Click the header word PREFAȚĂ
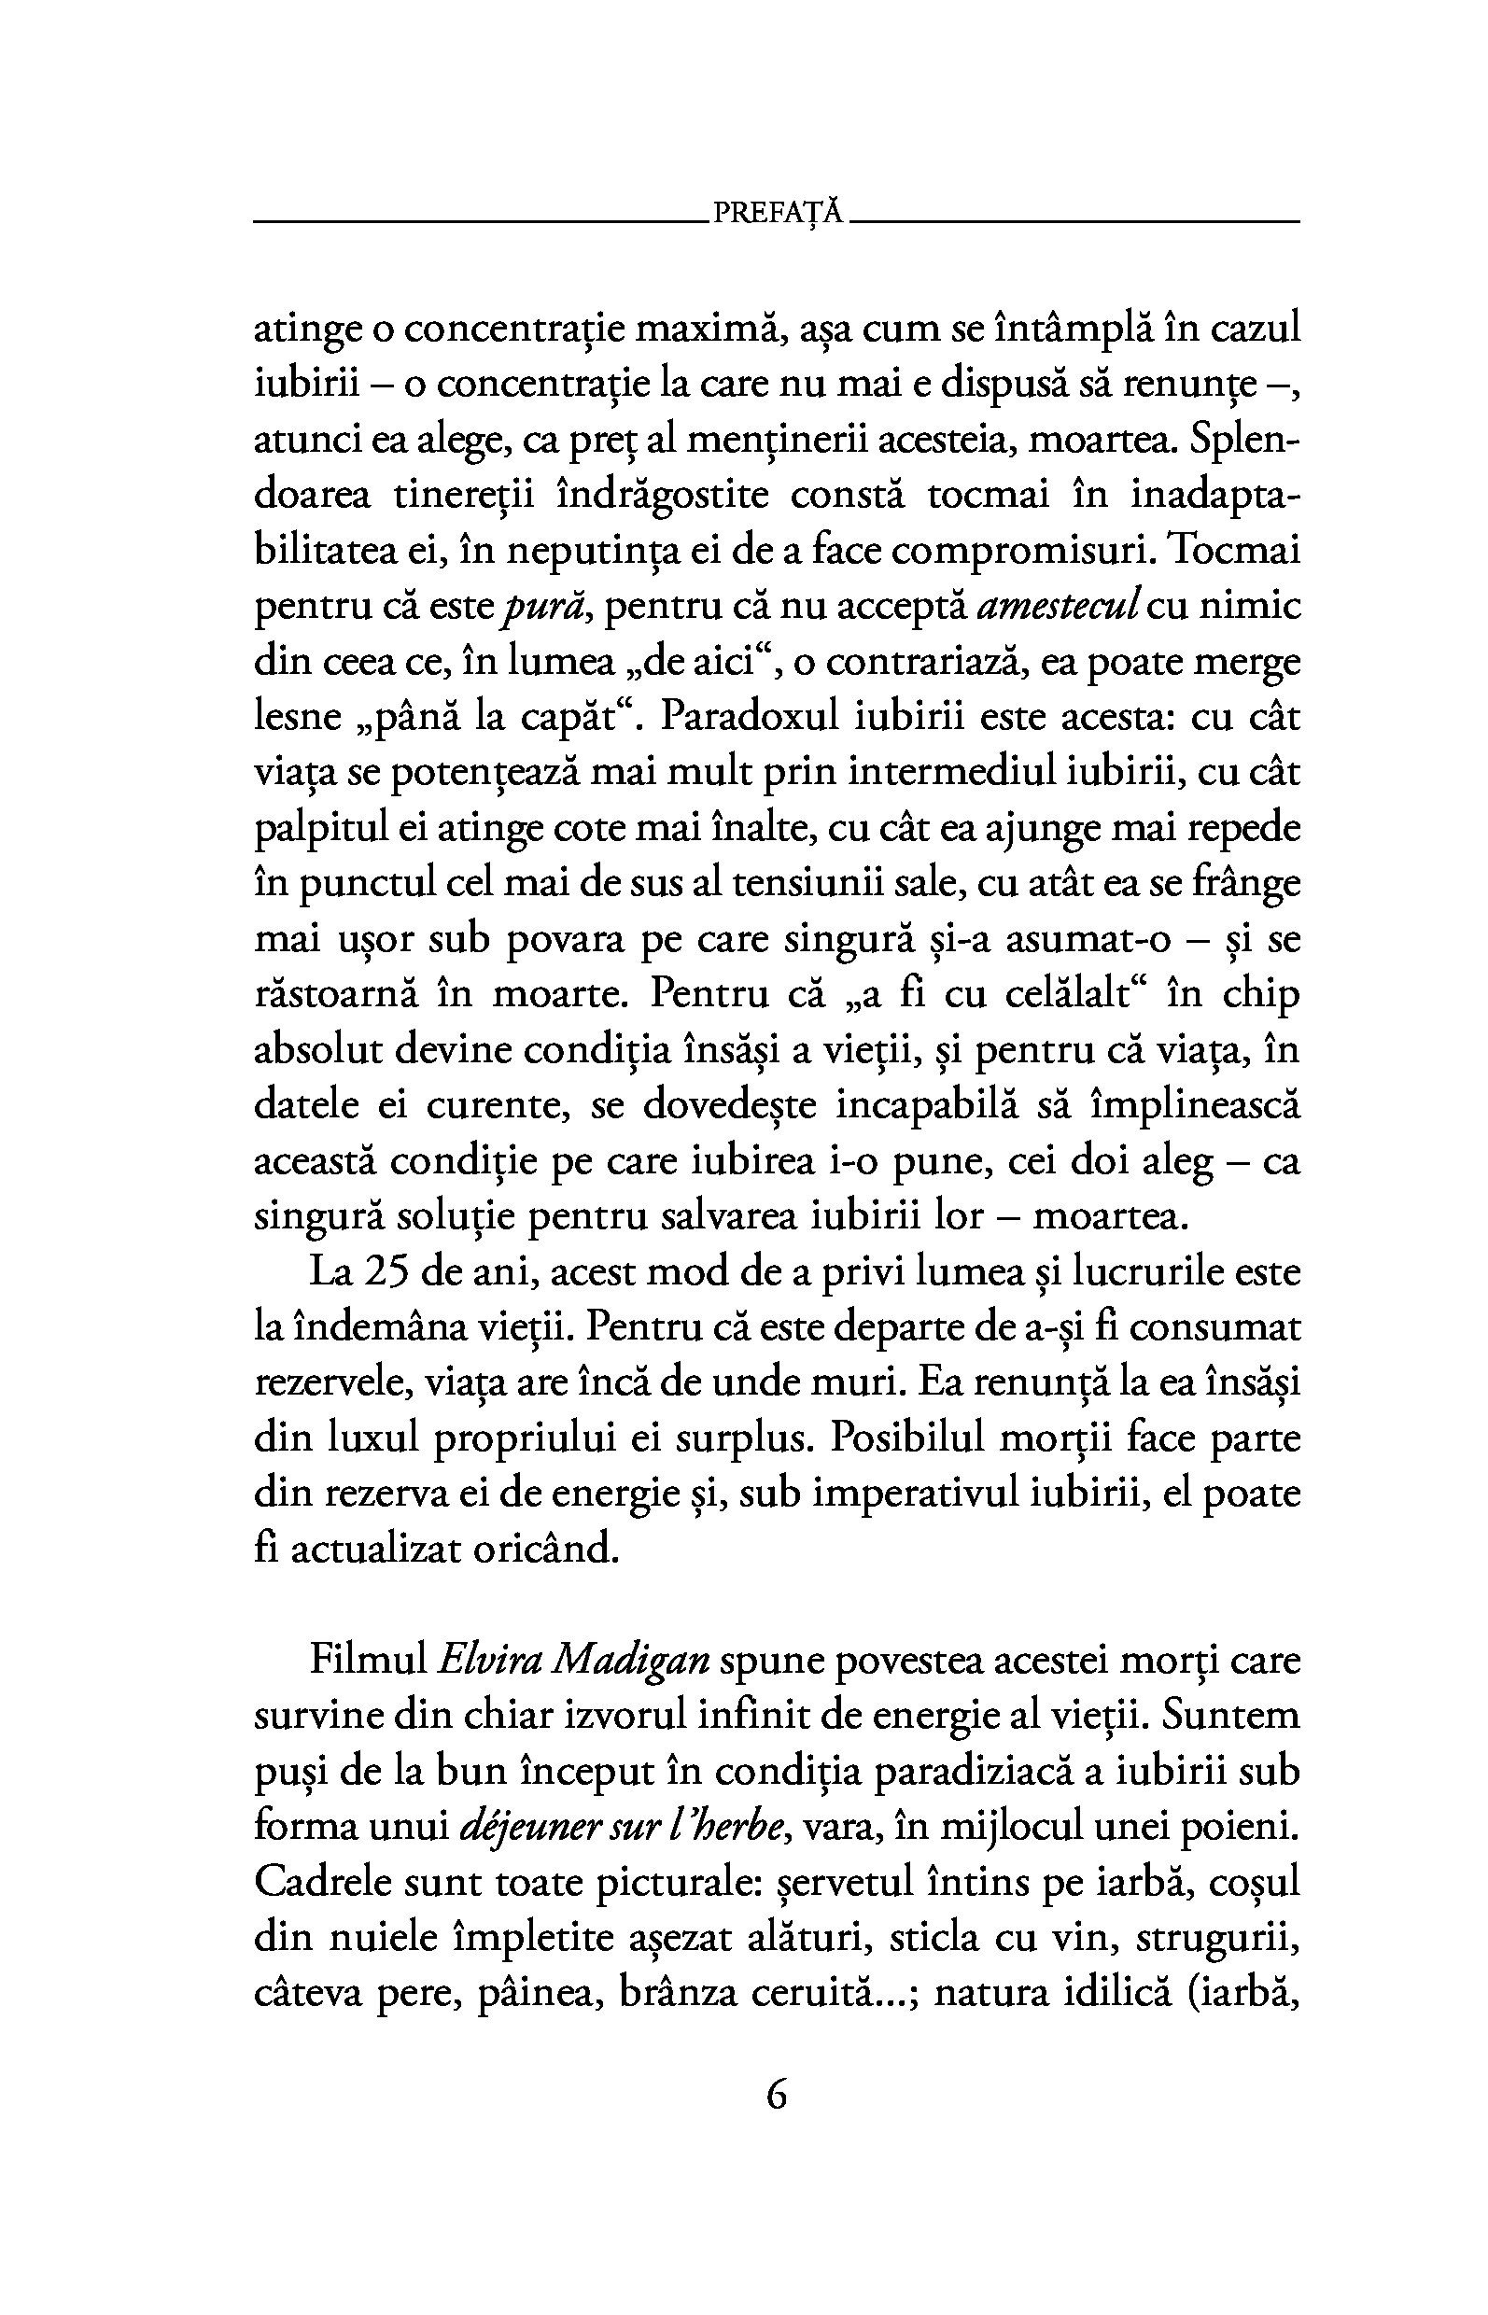[779, 214]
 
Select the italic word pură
[546, 608]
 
